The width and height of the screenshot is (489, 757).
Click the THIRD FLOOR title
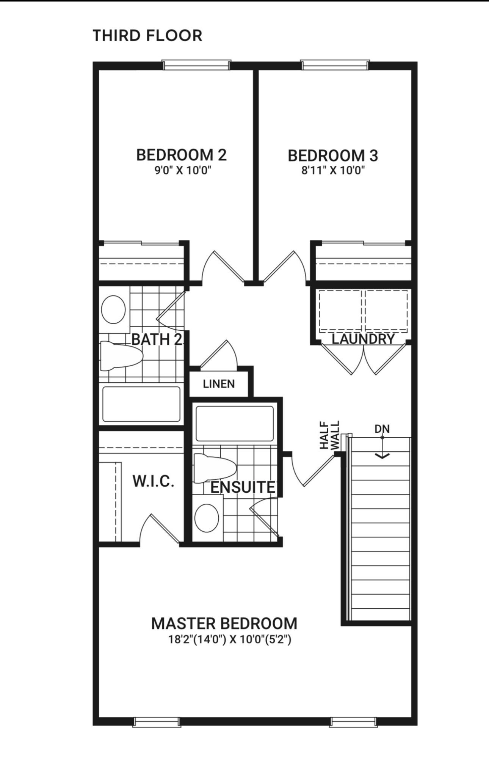(147, 36)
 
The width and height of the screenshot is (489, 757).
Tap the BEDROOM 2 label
(181, 155)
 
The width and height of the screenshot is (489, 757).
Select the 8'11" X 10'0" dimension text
(333, 171)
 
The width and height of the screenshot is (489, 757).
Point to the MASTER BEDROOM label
(224, 624)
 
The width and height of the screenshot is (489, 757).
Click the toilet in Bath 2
(121, 355)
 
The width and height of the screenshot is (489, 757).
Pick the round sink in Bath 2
(113, 309)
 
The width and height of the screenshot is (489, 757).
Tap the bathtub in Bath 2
(141, 404)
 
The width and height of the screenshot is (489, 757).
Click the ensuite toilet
(215, 468)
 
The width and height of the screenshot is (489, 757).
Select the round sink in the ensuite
(207, 518)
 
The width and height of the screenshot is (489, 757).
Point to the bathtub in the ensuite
(235, 424)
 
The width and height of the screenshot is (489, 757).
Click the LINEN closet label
(219, 384)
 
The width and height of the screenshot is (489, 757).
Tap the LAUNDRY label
(363, 339)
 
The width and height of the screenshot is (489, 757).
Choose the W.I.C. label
(153, 481)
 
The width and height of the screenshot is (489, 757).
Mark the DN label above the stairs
(382, 429)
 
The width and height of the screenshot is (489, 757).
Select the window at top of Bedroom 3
(335, 65)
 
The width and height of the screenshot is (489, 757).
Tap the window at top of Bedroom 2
(196, 65)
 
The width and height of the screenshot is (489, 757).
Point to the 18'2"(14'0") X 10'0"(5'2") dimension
(230, 640)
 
